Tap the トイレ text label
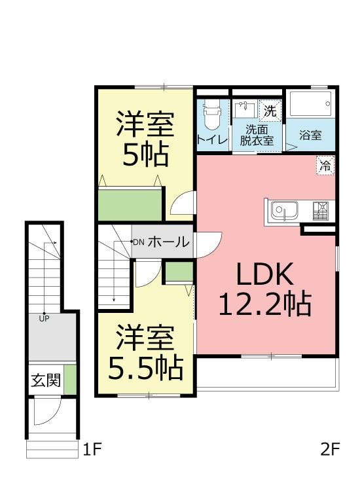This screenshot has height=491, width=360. click(213, 139)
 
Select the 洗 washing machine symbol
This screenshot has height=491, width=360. click(270, 111)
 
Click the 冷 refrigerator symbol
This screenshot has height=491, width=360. click(325, 165)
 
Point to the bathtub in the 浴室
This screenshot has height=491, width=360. click(310, 103)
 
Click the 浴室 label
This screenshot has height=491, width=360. click(310, 136)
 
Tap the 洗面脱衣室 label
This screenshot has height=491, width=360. click(257, 135)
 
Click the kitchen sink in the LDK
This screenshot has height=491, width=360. click(284, 210)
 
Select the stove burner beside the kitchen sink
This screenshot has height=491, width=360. click(321, 210)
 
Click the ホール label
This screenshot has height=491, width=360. click(169, 242)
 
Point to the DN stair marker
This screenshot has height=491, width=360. click(138, 242)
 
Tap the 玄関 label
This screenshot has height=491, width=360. click(46, 380)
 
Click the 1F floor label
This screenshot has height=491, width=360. click(92, 450)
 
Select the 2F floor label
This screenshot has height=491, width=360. click(330, 450)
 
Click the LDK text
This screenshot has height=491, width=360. click(265, 274)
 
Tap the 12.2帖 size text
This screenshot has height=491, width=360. click(265, 304)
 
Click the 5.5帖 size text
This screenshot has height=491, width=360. click(145, 368)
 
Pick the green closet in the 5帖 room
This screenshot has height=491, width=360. click(130, 204)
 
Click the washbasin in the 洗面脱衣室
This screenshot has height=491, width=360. click(244, 109)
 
